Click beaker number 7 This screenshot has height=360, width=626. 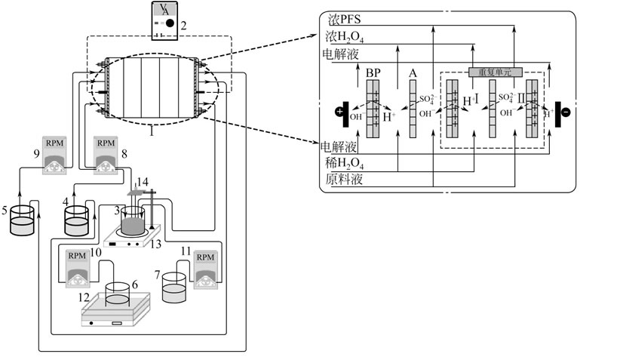174,288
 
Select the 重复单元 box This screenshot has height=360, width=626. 490,72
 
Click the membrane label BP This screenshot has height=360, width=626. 373,73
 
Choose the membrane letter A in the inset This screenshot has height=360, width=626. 413,73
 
